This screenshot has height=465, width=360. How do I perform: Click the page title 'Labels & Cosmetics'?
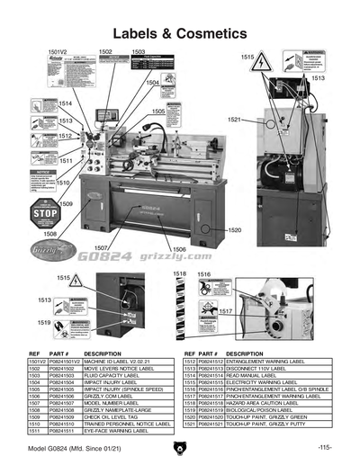pyautogui.click(x=179, y=33)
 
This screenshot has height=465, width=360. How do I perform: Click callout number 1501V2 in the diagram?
pyautogui.click(x=58, y=54)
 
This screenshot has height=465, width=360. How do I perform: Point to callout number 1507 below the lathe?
pyautogui.click(x=102, y=247)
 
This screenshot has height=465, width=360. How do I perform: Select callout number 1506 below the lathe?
pyautogui.click(x=179, y=249)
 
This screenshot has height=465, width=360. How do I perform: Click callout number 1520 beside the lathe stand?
pyautogui.click(x=234, y=231)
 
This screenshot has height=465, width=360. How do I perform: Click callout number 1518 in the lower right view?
pyautogui.click(x=180, y=273)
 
